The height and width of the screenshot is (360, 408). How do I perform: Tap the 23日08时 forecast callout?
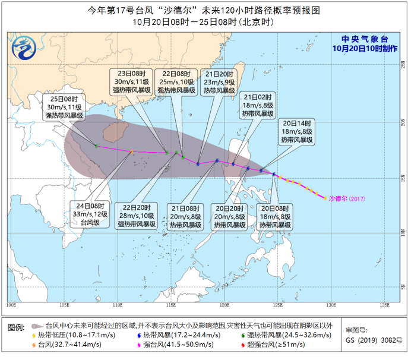pos(131,82)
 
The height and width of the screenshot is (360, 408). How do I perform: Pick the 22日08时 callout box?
pos(174,82)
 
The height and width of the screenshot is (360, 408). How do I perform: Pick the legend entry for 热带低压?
pos(68,336)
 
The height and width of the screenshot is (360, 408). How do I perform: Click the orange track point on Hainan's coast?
pos(131,152)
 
